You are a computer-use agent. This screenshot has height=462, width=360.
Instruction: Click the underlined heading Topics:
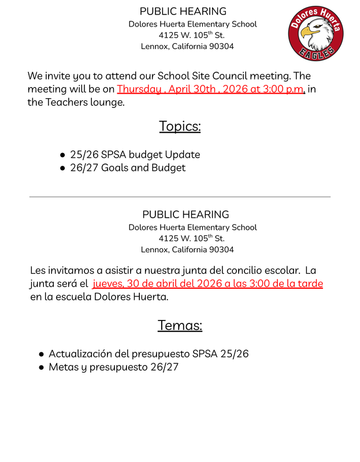(x=180, y=126)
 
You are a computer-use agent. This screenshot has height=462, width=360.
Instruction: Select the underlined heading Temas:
(x=180, y=325)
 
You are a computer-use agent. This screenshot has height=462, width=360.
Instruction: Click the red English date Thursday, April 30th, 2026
(x=210, y=90)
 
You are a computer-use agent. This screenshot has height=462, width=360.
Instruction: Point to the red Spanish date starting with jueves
(x=207, y=284)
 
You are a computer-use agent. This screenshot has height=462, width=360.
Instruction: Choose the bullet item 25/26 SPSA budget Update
(x=135, y=155)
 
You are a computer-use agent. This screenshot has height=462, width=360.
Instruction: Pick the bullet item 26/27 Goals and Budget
(x=128, y=168)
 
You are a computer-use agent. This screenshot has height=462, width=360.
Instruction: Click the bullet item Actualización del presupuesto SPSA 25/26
(x=149, y=353)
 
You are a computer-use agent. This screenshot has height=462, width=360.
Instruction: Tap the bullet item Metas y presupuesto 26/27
(x=113, y=367)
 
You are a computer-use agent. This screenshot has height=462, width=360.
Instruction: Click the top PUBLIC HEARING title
(x=183, y=12)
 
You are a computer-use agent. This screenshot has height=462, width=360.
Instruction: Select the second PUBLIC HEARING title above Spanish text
(x=185, y=214)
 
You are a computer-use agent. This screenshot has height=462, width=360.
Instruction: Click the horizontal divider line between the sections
(x=180, y=197)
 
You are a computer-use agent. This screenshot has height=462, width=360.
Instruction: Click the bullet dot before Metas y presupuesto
(x=42, y=368)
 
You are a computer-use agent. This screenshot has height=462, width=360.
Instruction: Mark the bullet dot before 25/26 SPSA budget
(x=62, y=155)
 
